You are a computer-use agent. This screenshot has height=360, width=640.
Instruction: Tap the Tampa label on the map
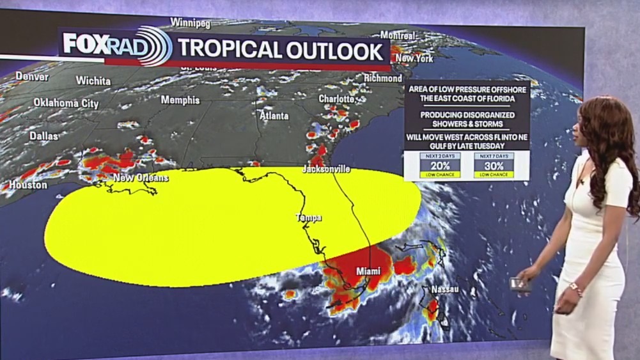pos(308,218)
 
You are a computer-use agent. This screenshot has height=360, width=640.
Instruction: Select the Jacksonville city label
pos(326,169)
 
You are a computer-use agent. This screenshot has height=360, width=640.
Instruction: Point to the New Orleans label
pos(141,178)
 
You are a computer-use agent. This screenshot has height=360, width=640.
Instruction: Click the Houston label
pos(27,185)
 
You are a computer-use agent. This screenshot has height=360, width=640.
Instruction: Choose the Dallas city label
pos(43,136)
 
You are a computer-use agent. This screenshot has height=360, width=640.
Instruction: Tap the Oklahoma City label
pos(66,103)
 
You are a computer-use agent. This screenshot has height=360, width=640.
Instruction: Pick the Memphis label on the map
pos(180,100)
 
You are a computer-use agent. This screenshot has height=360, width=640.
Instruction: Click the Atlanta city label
pos(274,116)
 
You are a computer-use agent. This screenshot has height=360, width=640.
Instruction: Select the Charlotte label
pos(337,99)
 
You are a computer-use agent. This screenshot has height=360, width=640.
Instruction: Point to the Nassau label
pos(445,290)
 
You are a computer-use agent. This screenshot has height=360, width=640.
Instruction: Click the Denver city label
pos(32,77)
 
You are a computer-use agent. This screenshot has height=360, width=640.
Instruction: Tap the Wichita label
pos(93,81)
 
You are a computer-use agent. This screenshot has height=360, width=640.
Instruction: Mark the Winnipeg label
pos(191,23)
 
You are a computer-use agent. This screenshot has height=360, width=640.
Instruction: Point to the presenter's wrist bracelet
pos(576,289)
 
